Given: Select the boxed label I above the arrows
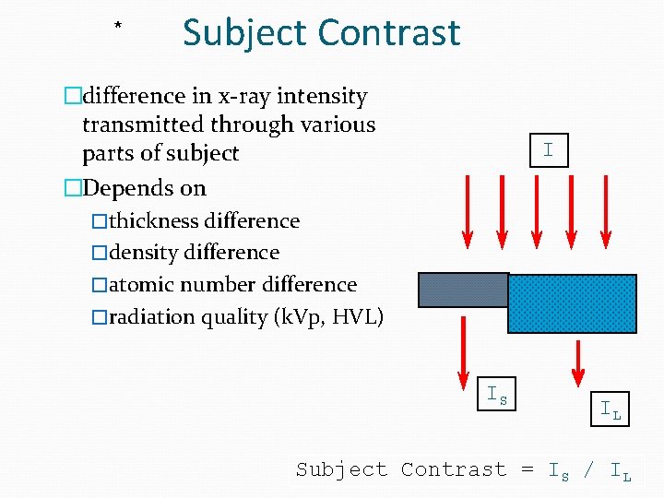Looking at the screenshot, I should coord(548,149).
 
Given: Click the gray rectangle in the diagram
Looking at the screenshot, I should coord(463,290).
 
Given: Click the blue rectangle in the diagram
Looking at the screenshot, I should coord(572,303).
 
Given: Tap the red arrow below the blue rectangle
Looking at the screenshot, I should coord(578,362).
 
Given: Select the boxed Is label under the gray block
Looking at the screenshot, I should coord(497,395).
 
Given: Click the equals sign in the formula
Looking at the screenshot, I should coord(528,469).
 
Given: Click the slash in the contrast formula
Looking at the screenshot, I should coord(589,469).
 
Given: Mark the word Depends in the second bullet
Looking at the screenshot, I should coord(122,188).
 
